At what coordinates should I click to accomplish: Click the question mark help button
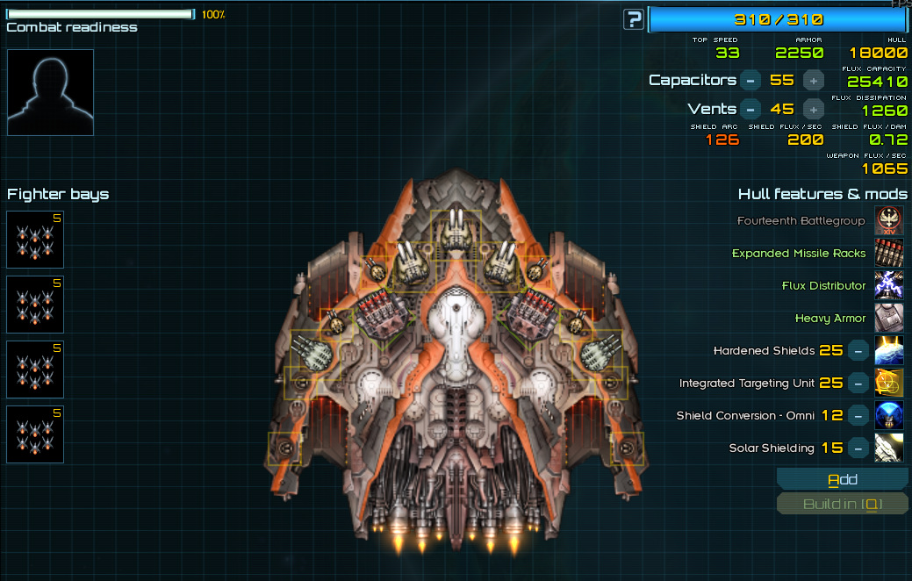pyautogui.click(x=633, y=19)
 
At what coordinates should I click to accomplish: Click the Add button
pyautogui.click(x=843, y=479)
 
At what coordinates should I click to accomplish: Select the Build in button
pyautogui.click(x=843, y=504)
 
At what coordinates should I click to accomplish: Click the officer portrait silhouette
pyautogui.click(x=50, y=92)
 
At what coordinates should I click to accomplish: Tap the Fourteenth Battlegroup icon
pyautogui.click(x=889, y=221)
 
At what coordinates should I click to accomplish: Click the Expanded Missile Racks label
pyautogui.click(x=799, y=254)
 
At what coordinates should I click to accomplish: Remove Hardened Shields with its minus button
pyautogui.click(x=858, y=351)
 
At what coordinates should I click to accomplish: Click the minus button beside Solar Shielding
pyautogui.click(x=858, y=448)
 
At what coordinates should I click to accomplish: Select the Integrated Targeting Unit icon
pyautogui.click(x=889, y=384)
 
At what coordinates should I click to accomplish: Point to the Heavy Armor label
pyautogui.click(x=830, y=319)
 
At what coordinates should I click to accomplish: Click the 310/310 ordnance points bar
pyautogui.click(x=779, y=19)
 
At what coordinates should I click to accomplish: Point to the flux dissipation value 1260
pyautogui.click(x=884, y=111)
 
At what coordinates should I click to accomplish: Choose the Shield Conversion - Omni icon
pyautogui.click(x=889, y=416)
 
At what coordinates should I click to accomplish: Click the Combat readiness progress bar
pyautogui.click(x=100, y=14)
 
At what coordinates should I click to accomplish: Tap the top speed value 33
pyautogui.click(x=727, y=53)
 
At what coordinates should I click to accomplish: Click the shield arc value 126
pyautogui.click(x=722, y=140)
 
